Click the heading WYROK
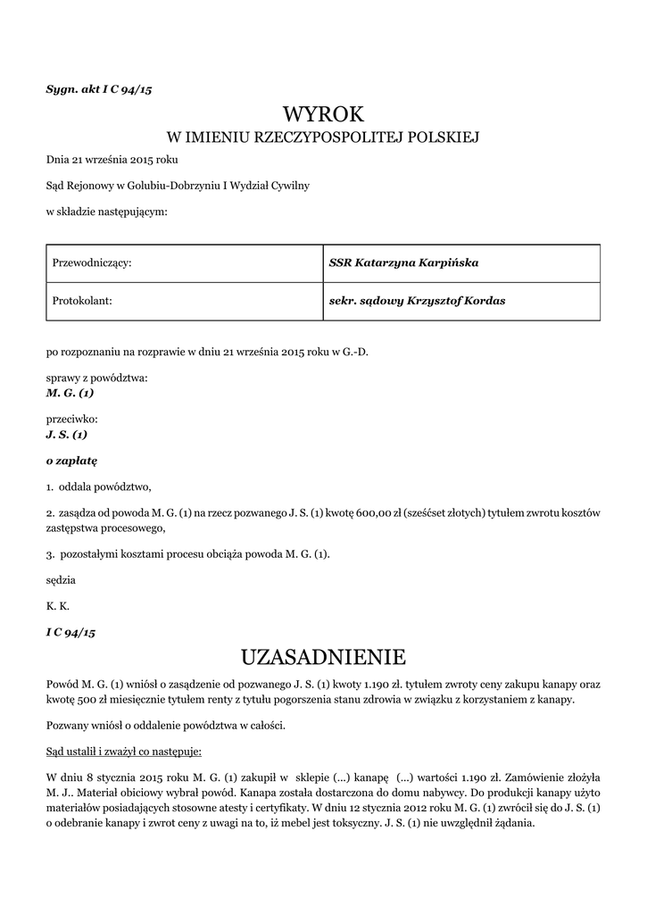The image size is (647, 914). (x=323, y=113)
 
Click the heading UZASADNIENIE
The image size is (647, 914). (x=323, y=658)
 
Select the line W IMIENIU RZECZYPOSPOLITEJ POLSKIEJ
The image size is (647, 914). (x=323, y=137)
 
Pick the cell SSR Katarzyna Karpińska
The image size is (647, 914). (x=403, y=263)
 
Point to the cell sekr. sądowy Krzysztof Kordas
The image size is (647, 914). (x=417, y=301)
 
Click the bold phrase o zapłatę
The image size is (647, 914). (x=71, y=461)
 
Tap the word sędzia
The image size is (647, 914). (x=61, y=579)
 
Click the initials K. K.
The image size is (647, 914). (x=57, y=605)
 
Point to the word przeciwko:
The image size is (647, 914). (x=71, y=419)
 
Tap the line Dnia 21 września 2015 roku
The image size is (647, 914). (x=112, y=160)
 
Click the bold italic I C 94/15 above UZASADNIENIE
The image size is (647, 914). (x=71, y=632)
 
